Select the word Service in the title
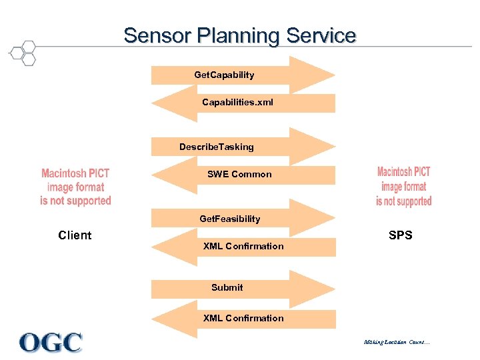321,35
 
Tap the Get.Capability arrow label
224,75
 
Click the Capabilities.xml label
237,103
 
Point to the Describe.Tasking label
216,147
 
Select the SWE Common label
239,175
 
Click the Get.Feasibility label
230,219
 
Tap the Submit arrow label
227,287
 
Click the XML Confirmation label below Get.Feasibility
243,246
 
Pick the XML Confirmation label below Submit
243,318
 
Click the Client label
75,235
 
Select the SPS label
401,235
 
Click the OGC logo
51,342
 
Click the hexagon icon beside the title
23,53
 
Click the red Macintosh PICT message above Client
75,187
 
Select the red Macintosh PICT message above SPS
403,187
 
